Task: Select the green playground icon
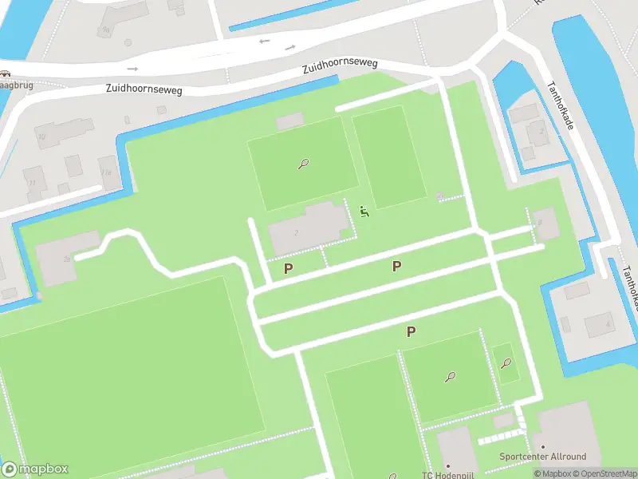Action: [x=364, y=212]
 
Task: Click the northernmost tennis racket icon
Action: [x=303, y=164]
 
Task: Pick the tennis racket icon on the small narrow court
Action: [x=506, y=364]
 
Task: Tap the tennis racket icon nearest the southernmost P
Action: [x=451, y=376]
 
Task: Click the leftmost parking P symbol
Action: [x=288, y=269]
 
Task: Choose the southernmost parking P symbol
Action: [x=411, y=332]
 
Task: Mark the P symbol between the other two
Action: [x=396, y=267]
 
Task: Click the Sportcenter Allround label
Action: [x=542, y=457]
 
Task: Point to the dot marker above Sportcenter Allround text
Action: [x=542, y=447]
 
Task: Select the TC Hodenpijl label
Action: [x=449, y=474]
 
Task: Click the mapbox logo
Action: [x=35, y=469]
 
